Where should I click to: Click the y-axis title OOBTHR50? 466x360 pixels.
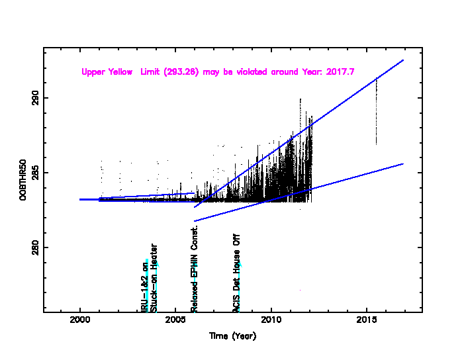[22, 179]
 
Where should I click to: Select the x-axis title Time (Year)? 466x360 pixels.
[232, 336]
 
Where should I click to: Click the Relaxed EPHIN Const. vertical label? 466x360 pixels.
[195, 268]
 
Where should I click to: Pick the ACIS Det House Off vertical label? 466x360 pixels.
[236, 272]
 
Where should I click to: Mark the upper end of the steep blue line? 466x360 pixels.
[402, 60]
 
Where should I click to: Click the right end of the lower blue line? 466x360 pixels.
[402, 163]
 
